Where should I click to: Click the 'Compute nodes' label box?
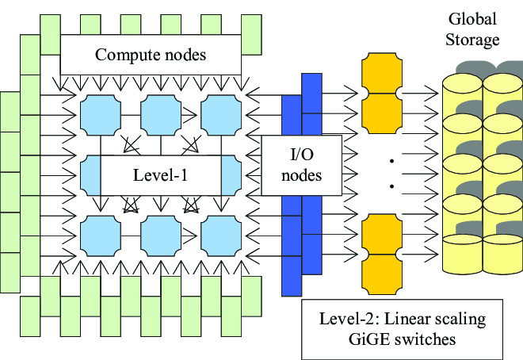[151, 55]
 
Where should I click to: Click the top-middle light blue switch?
[161, 113]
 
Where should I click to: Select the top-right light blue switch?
[221, 113]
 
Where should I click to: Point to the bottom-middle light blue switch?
[161, 233]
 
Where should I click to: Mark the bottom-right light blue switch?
[221, 233]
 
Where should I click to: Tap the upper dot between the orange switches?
[391, 162]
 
